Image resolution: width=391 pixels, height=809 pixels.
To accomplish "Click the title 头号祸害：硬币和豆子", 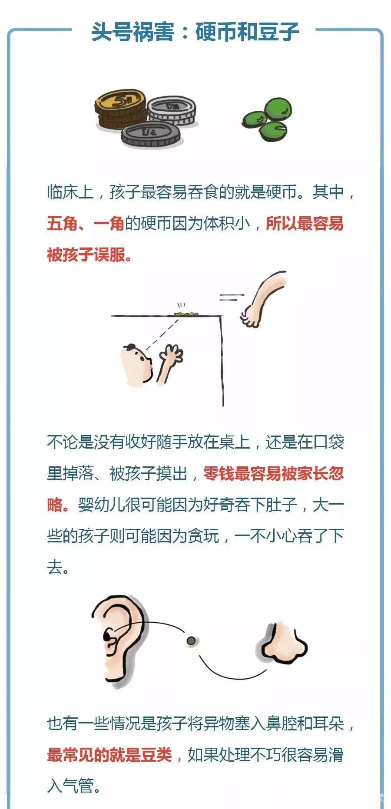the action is click(x=195, y=31).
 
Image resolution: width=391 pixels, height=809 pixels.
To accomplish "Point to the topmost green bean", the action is click(x=278, y=109).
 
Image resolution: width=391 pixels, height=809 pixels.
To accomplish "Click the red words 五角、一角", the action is click(x=86, y=224).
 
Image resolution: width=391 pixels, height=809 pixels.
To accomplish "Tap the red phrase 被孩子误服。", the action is click(x=89, y=255).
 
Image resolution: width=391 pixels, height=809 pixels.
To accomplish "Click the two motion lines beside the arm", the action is click(x=231, y=297).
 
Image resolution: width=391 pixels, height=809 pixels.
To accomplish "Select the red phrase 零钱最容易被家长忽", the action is click(x=273, y=474).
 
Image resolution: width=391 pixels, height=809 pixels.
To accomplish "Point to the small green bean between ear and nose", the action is click(x=190, y=640).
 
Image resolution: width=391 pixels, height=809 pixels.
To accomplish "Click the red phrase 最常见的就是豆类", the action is click(x=109, y=755).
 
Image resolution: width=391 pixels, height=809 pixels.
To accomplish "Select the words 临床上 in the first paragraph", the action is click(x=70, y=192).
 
